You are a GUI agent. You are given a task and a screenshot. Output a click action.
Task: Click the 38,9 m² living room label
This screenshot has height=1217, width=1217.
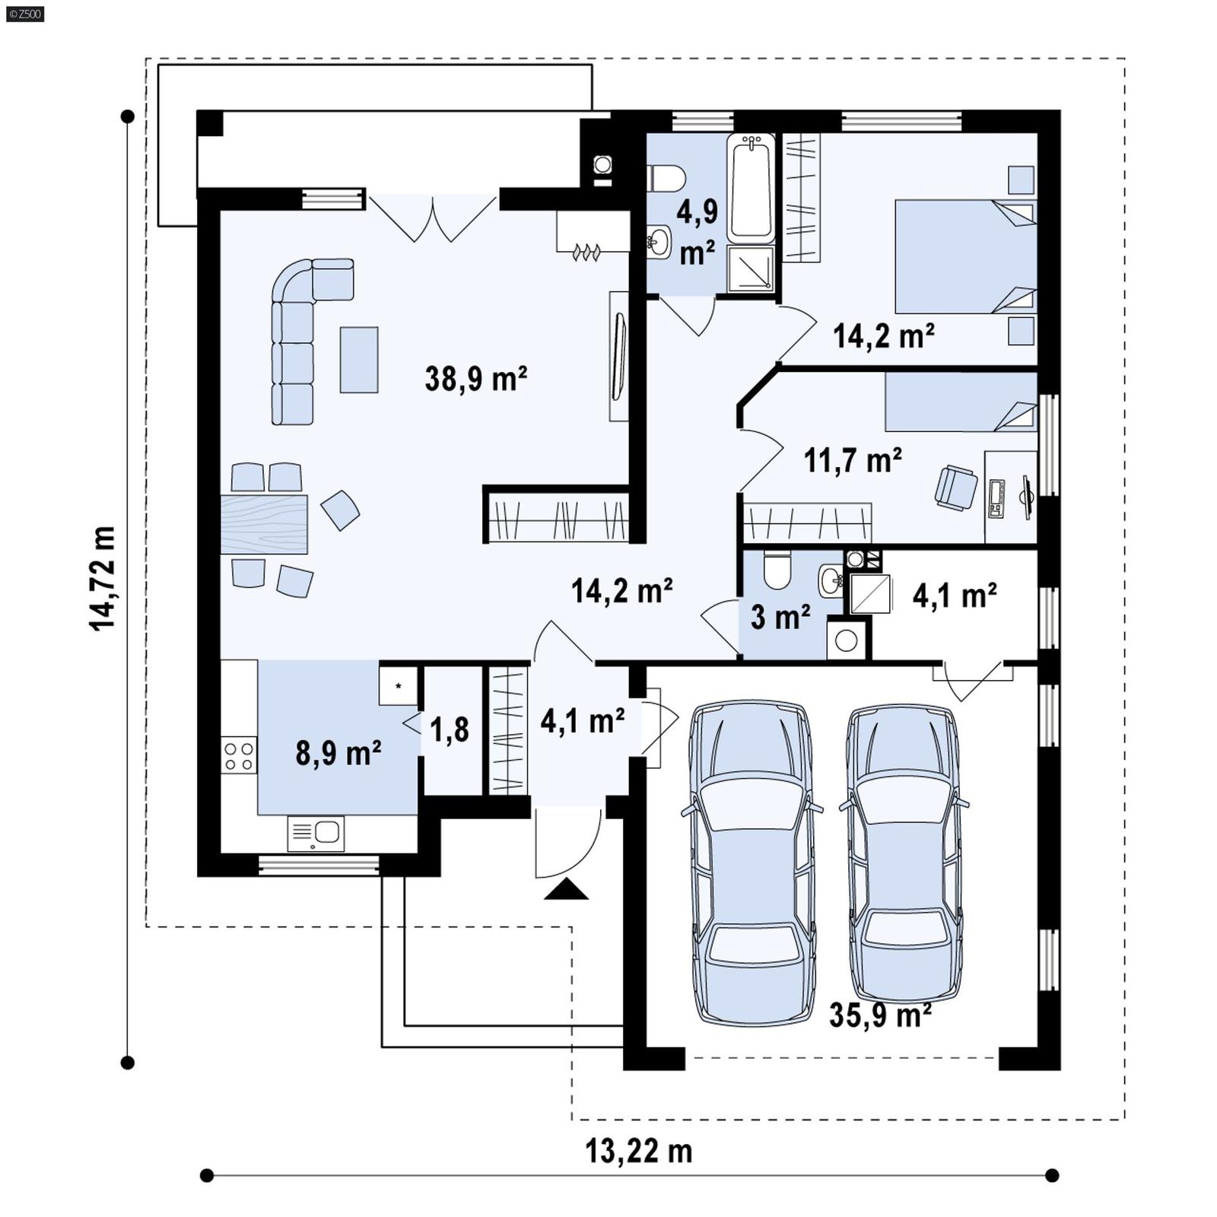tap(476, 378)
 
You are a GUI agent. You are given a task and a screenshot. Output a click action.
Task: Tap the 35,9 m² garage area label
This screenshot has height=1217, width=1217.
tap(880, 1015)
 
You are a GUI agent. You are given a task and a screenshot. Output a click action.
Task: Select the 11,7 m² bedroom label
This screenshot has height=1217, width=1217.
tap(853, 460)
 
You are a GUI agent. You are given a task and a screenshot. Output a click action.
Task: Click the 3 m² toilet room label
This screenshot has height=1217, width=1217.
tap(780, 617)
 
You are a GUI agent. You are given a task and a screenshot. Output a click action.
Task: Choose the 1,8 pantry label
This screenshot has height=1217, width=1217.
tap(450, 730)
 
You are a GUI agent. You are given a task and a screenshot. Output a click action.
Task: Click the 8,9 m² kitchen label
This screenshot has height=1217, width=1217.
tap(338, 753)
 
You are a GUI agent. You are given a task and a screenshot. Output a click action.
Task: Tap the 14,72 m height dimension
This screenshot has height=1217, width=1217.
tap(103, 578)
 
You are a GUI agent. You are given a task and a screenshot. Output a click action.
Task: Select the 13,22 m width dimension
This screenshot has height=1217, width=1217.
tap(638, 1151)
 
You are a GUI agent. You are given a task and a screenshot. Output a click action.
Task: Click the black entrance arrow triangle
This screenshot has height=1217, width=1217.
tap(566, 890)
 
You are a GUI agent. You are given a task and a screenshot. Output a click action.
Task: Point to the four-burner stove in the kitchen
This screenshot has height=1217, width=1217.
tap(239, 756)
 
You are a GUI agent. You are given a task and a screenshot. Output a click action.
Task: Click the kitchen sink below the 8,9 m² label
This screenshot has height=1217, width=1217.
tap(316, 834)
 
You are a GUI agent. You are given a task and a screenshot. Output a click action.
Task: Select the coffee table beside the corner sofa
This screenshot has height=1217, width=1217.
tap(359, 359)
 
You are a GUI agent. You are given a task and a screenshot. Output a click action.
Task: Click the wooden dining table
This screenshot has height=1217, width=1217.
tap(264, 524)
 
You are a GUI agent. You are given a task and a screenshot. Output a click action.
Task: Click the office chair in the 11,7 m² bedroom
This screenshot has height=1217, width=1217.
tap(955, 488)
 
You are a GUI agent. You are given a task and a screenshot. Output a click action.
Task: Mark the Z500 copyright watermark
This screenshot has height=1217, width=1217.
tap(24, 14)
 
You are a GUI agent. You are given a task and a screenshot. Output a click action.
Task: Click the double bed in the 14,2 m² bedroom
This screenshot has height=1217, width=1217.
tap(964, 256)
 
